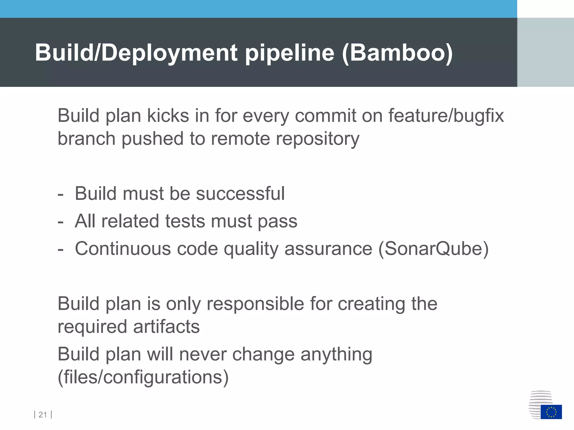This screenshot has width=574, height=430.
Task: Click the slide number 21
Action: coord(43,415)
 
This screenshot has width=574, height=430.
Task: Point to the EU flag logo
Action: coord(551,412)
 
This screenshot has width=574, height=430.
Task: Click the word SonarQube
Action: coord(433,249)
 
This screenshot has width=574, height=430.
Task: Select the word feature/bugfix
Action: coord(446,116)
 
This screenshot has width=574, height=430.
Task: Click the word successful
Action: coord(240,193)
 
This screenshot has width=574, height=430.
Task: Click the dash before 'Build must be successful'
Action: coord(60,194)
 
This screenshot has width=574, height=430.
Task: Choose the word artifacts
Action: coord(166,327)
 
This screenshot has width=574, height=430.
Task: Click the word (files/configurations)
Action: coord(143,377)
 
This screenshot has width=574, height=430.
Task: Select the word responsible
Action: coord(255,304)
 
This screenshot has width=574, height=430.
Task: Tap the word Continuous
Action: coord(123,249)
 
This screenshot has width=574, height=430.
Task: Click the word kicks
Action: coord(168,116)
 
